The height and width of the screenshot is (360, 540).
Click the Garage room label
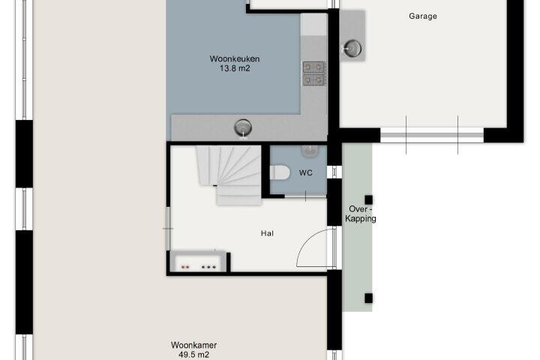(x=423, y=16)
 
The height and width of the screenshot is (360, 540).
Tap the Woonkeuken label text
(x=235, y=59)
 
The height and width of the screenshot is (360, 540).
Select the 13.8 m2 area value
(x=235, y=68)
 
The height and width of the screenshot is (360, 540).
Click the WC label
(x=306, y=173)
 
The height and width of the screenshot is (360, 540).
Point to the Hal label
(x=267, y=233)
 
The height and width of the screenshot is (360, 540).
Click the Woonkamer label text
(x=194, y=345)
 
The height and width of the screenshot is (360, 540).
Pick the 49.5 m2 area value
(x=194, y=355)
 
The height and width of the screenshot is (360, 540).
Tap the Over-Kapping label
(x=361, y=214)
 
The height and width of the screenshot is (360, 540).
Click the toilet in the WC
(x=280, y=173)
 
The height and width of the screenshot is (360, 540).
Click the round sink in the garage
(x=352, y=49)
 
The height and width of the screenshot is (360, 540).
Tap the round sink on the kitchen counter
(x=243, y=127)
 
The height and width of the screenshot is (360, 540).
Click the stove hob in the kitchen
(x=313, y=73)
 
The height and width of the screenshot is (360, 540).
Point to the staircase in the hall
(x=229, y=175)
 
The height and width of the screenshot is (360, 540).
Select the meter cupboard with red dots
(x=198, y=262)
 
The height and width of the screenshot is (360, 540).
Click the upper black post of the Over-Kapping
(x=368, y=199)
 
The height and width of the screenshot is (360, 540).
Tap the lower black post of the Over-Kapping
(x=368, y=298)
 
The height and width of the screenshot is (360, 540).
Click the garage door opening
(x=432, y=135)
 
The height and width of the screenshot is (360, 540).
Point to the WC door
(x=305, y=196)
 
